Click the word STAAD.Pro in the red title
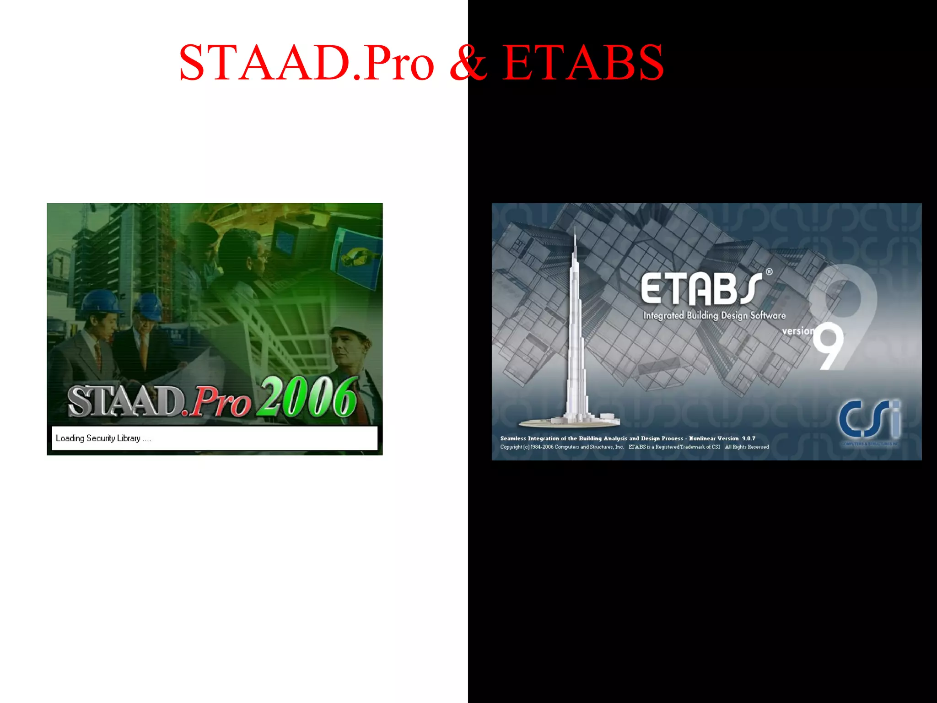point(306,63)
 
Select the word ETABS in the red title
point(582,63)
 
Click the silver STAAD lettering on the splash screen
point(126,401)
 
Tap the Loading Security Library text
point(103,438)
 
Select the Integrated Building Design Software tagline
point(714,316)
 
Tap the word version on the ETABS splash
point(798,330)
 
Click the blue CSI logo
point(869,419)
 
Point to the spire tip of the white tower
point(575,229)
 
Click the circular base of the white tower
point(570,422)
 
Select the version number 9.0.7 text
point(749,438)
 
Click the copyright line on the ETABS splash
point(634,447)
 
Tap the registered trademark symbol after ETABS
point(769,272)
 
